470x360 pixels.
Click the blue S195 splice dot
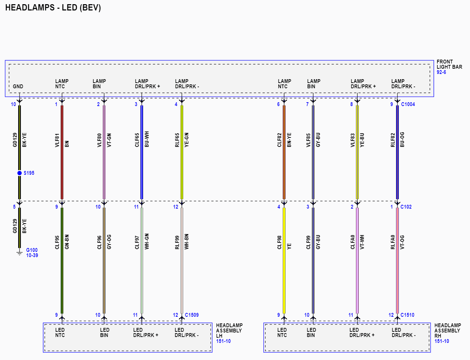(20, 173)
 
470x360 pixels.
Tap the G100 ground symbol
(20, 253)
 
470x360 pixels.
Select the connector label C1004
(408, 104)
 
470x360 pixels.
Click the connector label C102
(406, 207)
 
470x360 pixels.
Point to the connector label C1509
(192, 315)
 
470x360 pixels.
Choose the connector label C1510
(407, 315)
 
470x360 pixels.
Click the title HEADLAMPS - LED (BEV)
(53, 8)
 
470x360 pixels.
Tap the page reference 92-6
(441, 72)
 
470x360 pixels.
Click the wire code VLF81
(57, 140)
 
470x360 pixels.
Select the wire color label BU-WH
(147, 139)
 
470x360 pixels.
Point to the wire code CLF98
(279, 242)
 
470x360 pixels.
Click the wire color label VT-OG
(402, 242)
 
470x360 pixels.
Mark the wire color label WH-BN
(186, 241)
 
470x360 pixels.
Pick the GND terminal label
(18, 87)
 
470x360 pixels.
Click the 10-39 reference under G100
(32, 255)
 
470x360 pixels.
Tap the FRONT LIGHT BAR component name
(449, 64)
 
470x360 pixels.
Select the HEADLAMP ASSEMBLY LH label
(229, 331)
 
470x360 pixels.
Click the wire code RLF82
(393, 140)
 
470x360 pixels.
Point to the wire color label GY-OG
(109, 242)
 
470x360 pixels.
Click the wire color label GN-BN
(67, 242)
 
